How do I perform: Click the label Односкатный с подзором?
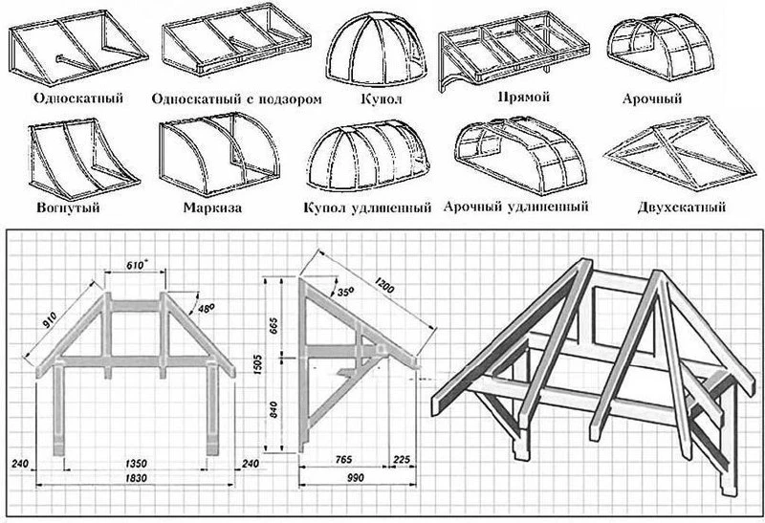coord(236,99)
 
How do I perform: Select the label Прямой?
coord(523,98)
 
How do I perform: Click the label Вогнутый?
coord(68,207)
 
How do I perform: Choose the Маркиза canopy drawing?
coord(219,154)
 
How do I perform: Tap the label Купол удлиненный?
coord(367,208)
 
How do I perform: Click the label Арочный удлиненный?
coord(515,207)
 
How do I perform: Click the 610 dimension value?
coord(136,266)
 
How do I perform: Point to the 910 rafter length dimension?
coord(51,319)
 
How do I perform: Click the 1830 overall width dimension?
coord(135,478)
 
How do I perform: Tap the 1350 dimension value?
coord(135,463)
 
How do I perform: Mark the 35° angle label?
coord(345,292)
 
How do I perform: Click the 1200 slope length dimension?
coord(384,285)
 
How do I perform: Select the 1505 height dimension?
coord(258,364)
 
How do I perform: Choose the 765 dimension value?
coord(344,460)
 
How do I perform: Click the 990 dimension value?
coord(356,478)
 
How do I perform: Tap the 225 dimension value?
coord(402,460)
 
